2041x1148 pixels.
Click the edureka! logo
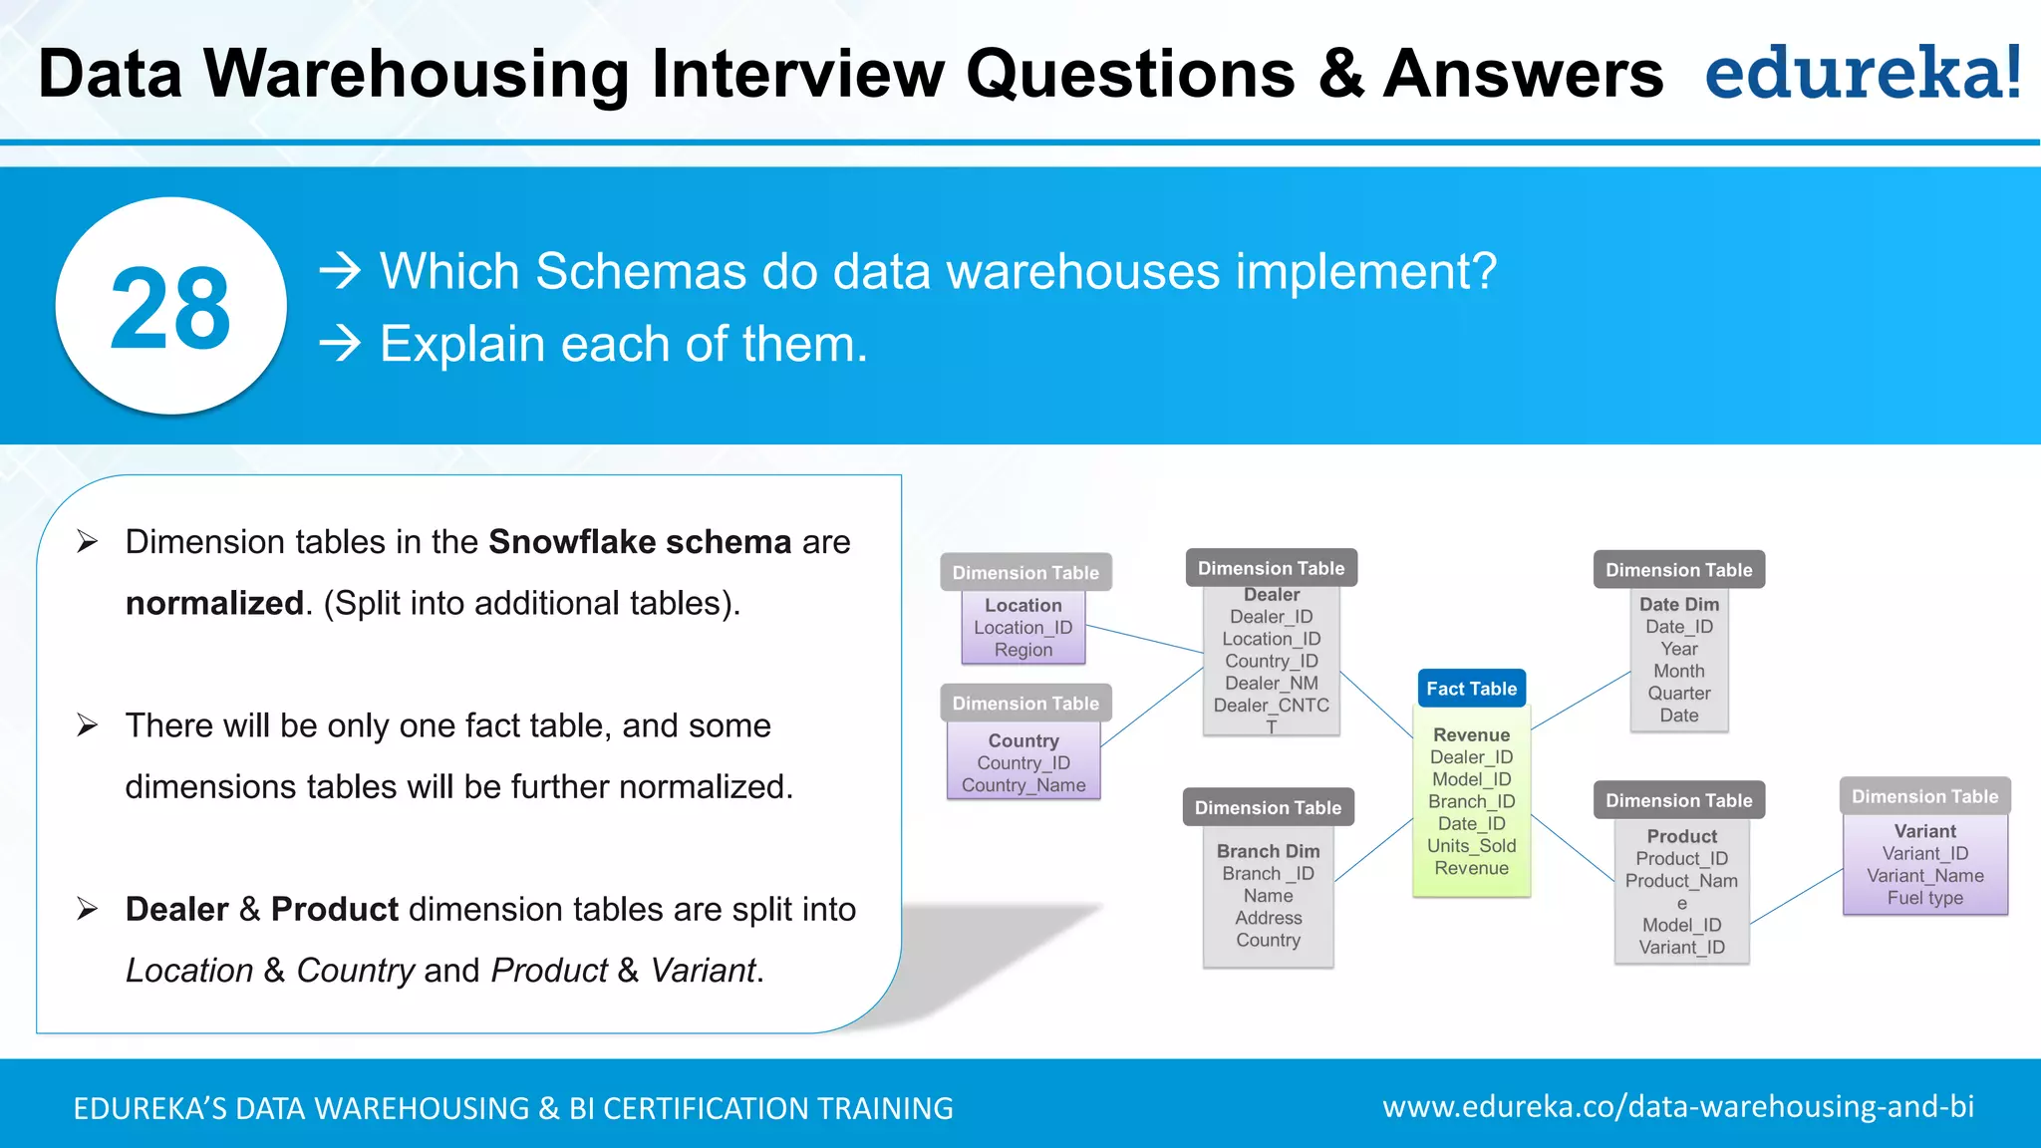pyautogui.click(x=1862, y=74)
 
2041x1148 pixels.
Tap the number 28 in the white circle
pyautogui.click(x=170, y=309)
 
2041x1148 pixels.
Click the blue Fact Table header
pyautogui.click(x=1471, y=689)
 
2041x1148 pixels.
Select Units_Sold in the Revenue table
pyautogui.click(x=1471, y=846)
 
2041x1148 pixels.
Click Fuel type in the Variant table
pyautogui.click(x=1924, y=898)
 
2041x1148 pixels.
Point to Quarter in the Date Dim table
pyautogui.click(x=1678, y=694)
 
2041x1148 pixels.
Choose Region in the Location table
pyautogui.click(x=1022, y=650)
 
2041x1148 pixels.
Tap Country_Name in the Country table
pyautogui.click(x=1022, y=785)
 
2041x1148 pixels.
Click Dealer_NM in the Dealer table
pyautogui.click(x=1271, y=684)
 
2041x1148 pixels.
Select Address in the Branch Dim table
pyautogui.click(x=1268, y=918)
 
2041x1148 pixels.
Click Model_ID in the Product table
pyautogui.click(x=1681, y=925)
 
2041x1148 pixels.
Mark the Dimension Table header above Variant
pyautogui.click(x=1924, y=796)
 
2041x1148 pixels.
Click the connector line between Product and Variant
pyautogui.click(x=1797, y=896)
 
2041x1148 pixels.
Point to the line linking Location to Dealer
pyautogui.click(x=1144, y=639)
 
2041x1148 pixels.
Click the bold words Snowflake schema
pyautogui.click(x=639, y=542)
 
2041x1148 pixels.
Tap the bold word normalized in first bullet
pyautogui.click(x=214, y=603)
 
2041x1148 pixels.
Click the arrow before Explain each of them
pyautogui.click(x=340, y=344)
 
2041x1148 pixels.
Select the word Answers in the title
pyautogui.click(x=1523, y=74)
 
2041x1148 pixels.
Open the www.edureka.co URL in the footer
pyautogui.click(x=1677, y=1107)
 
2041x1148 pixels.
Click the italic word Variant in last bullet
pyautogui.click(x=703, y=970)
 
